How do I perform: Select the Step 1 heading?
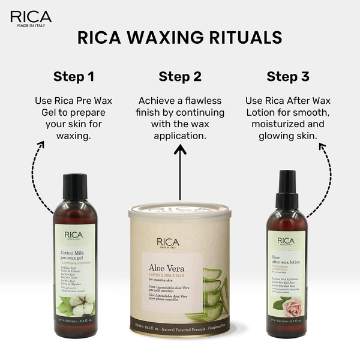[74, 77]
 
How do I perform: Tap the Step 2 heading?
[180, 77]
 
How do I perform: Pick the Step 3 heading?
[287, 77]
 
